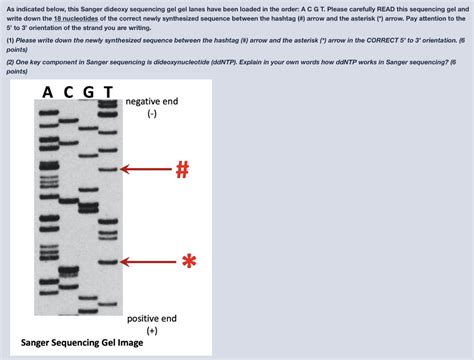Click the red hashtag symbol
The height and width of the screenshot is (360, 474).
point(181,169)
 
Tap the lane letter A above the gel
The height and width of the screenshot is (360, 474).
point(48,93)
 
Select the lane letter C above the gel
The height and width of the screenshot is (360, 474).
point(68,93)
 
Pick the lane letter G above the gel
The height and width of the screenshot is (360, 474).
point(88,93)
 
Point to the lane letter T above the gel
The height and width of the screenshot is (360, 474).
point(108,93)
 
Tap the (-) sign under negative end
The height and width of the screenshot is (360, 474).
point(151,115)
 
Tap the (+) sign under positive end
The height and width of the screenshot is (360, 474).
point(152,329)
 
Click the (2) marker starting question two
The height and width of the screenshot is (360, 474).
point(10,63)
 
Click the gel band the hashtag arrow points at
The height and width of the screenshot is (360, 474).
point(109,169)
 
